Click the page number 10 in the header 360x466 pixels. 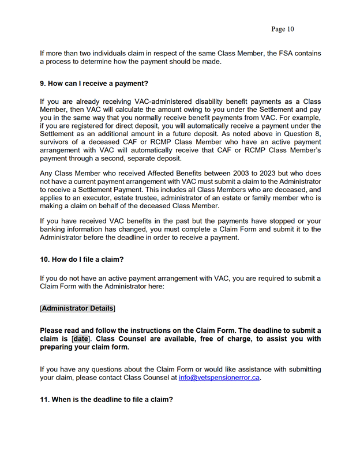290,29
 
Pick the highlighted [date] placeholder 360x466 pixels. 81,339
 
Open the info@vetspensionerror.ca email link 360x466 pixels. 220,378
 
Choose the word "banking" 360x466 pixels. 59,230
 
